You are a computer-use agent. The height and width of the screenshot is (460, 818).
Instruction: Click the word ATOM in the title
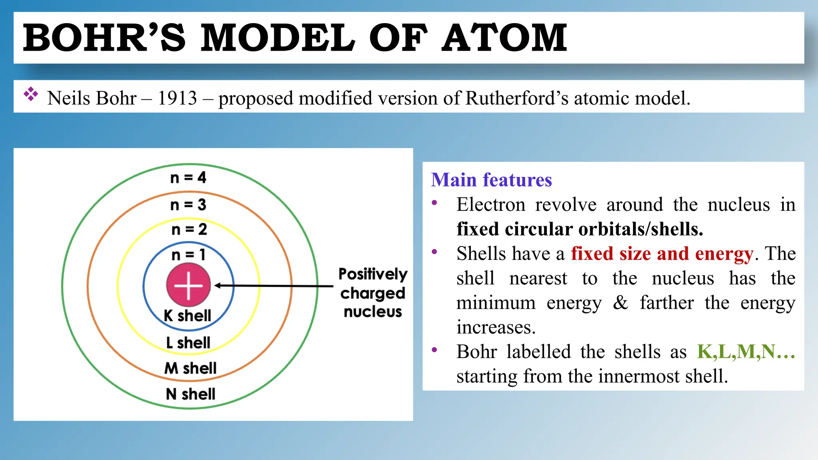504,38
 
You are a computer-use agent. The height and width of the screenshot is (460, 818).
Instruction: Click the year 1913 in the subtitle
177,98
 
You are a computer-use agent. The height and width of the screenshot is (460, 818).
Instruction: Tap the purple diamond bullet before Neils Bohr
31,94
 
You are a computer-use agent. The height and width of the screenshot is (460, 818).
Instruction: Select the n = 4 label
188,177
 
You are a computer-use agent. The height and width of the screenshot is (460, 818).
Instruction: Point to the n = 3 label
188,205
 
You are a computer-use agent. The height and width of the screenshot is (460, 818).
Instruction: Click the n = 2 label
189,230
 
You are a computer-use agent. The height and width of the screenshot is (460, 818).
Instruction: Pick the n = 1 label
188,255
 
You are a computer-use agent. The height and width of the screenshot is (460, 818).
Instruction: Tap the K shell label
187,316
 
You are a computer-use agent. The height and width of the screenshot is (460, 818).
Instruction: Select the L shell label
188,343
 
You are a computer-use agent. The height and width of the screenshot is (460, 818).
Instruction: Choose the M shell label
191,368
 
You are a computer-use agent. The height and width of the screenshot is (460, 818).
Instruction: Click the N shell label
191,394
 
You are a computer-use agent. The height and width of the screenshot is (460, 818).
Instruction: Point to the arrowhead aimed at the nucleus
218,286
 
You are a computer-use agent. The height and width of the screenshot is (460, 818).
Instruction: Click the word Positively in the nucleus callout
373,274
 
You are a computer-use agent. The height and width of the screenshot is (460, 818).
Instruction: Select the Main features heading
491,180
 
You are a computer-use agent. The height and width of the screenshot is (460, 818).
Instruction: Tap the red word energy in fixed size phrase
724,254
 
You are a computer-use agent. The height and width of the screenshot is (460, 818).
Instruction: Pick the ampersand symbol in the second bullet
620,303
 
